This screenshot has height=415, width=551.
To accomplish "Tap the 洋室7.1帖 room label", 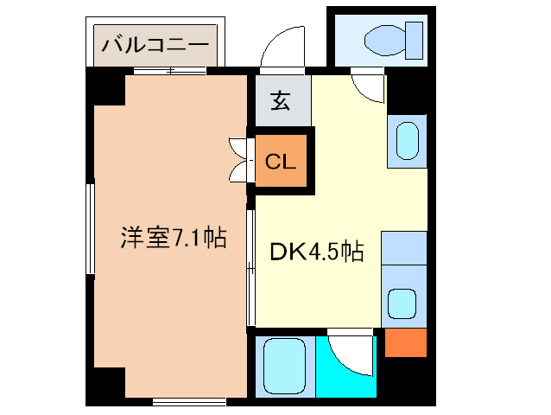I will (x=173, y=238).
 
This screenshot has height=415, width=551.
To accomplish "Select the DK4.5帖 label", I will (x=316, y=252).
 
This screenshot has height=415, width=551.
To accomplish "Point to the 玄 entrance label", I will (x=281, y=101).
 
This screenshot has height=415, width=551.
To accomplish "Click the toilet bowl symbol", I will (x=389, y=39).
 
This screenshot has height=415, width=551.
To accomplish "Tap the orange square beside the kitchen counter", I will (x=405, y=342).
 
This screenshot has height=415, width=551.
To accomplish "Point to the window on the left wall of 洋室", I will (x=90, y=228).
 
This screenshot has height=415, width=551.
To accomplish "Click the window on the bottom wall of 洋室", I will (x=190, y=400).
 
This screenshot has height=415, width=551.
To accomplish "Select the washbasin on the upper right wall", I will (x=407, y=140).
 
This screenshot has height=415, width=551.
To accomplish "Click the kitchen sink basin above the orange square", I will (x=403, y=303).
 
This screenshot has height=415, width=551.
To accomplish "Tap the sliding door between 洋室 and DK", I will (x=250, y=268).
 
